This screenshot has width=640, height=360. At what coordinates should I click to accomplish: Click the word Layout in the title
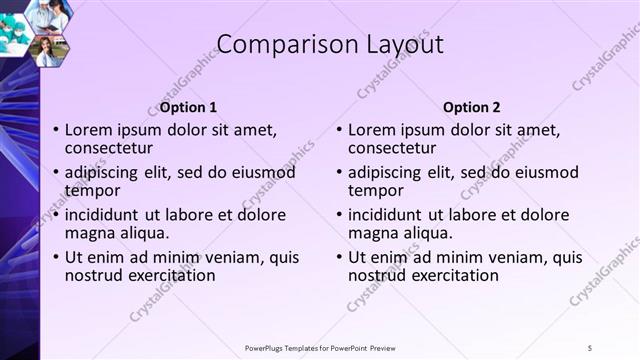397,44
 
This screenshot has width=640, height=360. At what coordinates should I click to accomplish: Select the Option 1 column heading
188,107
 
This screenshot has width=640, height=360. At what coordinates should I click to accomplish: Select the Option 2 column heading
472,107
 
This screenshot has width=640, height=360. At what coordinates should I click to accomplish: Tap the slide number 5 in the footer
590,347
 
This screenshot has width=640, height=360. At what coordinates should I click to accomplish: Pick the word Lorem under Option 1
90,130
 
